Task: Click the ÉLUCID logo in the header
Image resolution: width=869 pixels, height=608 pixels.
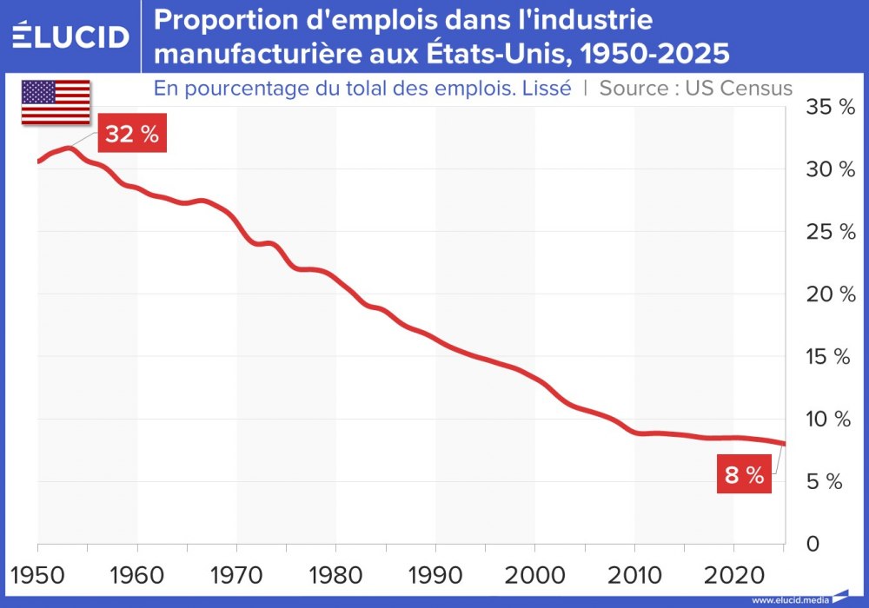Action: (70, 36)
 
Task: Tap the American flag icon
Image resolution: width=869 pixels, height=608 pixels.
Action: (56, 102)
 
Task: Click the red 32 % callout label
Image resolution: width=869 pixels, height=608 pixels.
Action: (132, 135)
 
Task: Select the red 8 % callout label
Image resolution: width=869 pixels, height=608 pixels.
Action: (744, 475)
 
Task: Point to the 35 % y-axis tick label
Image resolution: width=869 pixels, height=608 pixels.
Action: (830, 108)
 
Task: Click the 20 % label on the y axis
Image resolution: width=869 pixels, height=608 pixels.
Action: (830, 294)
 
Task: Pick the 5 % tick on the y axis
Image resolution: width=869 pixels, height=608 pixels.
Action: (824, 482)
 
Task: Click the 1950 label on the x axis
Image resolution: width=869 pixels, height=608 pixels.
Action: (38, 574)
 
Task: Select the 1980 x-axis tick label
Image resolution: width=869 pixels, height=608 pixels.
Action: (336, 574)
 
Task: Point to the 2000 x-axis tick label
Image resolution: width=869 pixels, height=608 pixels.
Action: (534, 574)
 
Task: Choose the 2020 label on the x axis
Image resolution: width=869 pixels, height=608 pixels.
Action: (733, 574)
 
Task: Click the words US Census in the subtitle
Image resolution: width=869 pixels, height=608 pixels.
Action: (739, 88)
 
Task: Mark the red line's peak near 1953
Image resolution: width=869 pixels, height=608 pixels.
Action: (68, 149)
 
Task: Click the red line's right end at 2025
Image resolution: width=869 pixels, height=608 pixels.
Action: (784, 444)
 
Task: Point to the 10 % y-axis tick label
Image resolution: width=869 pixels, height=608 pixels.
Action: (830, 420)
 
